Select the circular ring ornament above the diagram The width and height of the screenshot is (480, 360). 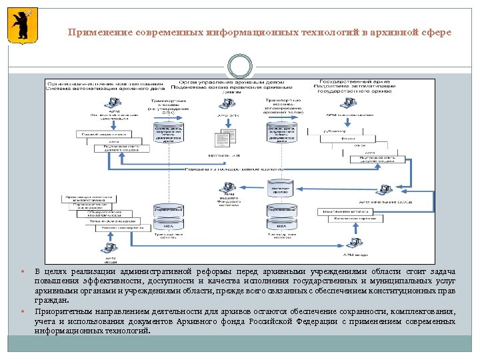[239, 65]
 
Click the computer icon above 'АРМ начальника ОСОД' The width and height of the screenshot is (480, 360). [385, 191]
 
